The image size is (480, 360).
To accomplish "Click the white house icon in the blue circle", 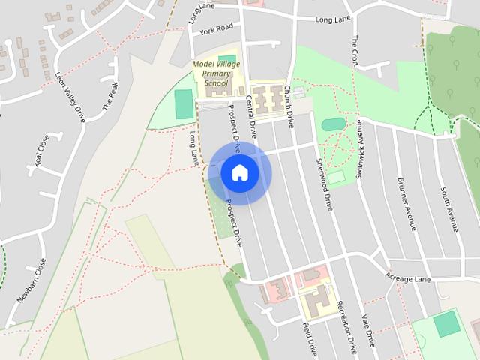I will [240, 173].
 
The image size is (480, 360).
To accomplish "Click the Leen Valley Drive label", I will [70, 97].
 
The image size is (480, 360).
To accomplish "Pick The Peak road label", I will [110, 96].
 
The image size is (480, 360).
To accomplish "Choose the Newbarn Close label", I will [31, 280].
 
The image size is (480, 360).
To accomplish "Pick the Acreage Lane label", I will [408, 279].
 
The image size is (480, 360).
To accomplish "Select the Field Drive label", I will [310, 338].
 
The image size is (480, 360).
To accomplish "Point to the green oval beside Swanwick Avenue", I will [333, 124].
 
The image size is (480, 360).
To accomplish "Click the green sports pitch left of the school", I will [184, 104].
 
